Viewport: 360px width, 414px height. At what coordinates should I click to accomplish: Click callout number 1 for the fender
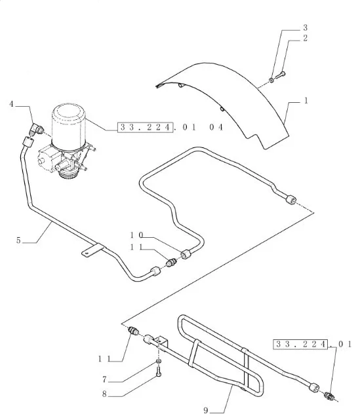coord(306,101)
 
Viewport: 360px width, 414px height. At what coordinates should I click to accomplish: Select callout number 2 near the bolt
coord(306,38)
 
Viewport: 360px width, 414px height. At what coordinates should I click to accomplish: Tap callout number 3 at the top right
coord(306,28)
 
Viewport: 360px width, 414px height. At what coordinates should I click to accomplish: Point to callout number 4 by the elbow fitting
coord(11,104)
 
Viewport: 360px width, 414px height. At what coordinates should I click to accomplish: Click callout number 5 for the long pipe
coord(18,240)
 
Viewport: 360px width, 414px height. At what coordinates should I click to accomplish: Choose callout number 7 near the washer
coord(104,379)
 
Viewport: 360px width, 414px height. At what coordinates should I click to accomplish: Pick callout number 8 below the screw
coord(104,394)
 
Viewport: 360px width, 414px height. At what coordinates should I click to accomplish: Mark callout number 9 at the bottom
coord(206,410)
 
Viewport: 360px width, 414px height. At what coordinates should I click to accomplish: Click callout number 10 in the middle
coord(136,235)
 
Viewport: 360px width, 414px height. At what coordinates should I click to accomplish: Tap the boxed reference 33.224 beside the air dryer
coord(145,127)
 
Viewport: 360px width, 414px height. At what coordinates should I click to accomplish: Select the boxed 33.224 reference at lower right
coord(300,344)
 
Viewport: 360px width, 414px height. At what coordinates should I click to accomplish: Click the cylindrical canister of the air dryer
coord(68,125)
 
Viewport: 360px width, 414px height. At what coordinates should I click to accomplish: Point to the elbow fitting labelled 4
coord(36,130)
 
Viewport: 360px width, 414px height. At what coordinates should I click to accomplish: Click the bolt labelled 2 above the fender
coord(281,75)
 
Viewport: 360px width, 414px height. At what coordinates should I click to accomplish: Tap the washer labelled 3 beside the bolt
coord(271,80)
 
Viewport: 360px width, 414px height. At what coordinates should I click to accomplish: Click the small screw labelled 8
coord(159,372)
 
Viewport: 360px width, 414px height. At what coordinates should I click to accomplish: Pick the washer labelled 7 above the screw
coord(158,361)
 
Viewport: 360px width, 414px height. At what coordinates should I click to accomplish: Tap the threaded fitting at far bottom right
coord(330,395)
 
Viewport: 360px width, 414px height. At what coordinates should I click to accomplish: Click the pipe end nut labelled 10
coord(186,254)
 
